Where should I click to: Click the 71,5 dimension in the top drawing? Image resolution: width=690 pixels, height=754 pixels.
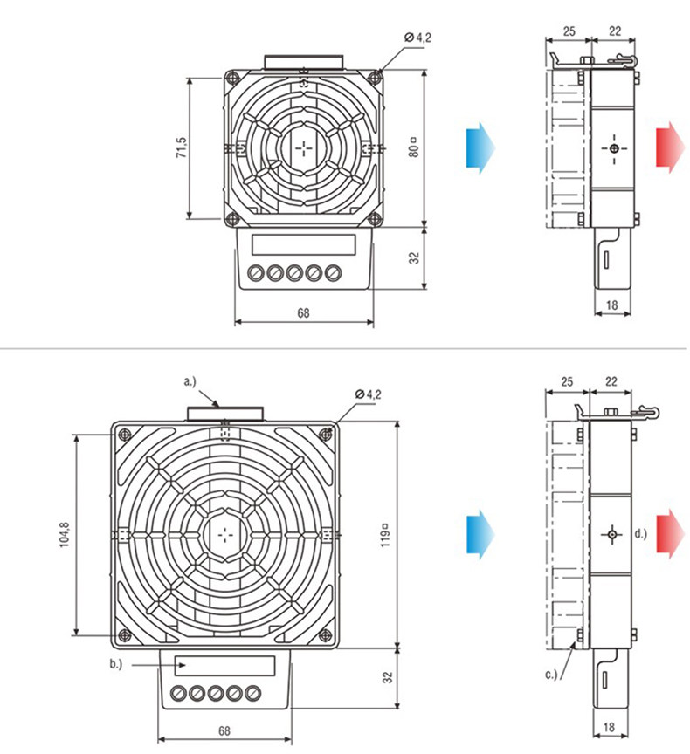182,147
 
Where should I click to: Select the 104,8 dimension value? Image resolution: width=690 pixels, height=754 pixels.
65,535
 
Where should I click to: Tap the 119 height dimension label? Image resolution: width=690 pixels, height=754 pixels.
385,535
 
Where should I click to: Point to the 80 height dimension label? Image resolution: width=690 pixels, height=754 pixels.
413,147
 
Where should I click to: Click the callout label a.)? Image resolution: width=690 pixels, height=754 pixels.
190,382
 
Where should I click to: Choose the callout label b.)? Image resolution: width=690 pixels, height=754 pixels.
116,664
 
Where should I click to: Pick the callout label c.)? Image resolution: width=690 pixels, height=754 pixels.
551,675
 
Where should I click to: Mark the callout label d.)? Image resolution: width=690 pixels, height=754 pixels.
640,533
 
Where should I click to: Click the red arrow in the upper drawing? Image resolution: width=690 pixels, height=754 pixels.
670,147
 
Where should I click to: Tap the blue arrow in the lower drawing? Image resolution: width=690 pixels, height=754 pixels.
480,534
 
